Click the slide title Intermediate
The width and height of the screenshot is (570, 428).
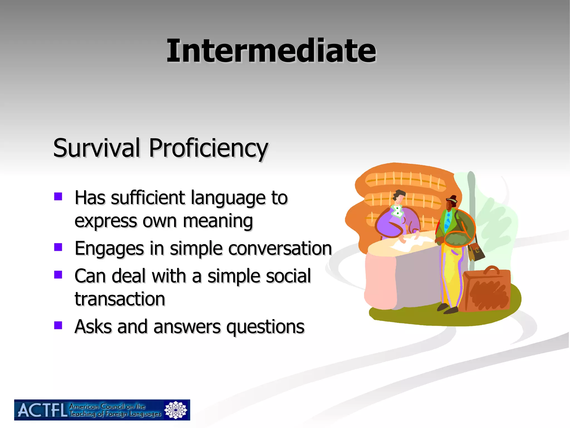[x=271, y=51]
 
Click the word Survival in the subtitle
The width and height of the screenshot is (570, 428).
[x=96, y=148]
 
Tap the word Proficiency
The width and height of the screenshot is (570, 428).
[x=208, y=148]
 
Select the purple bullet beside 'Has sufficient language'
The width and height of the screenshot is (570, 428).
[x=58, y=196]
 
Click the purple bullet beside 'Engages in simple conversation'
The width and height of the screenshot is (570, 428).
[x=58, y=247]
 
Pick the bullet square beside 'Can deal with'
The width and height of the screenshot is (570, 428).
[x=58, y=274]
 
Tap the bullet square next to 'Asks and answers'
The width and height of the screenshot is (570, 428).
[x=58, y=325]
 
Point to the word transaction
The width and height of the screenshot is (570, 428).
[x=120, y=299]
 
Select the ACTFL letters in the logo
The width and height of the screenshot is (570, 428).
[x=42, y=410]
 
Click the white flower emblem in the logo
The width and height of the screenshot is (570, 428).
[x=176, y=410]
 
